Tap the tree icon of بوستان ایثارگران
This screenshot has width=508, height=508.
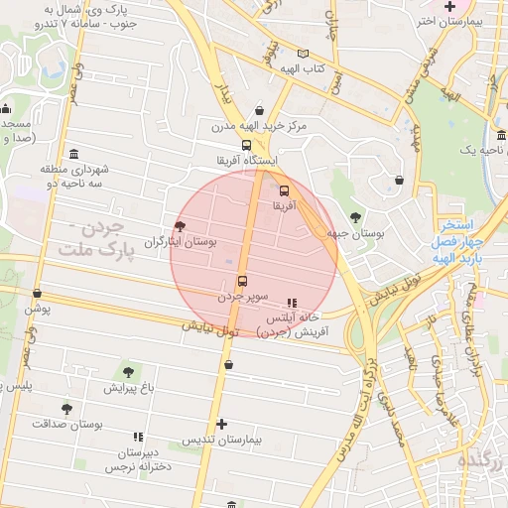(x=180, y=227)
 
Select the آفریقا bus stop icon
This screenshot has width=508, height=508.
(x=285, y=190)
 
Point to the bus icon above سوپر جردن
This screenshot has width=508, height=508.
(x=242, y=280)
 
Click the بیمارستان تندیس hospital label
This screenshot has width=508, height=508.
(x=220, y=440)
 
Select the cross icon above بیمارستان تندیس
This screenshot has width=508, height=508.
(x=221, y=424)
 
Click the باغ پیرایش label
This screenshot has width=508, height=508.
(x=127, y=387)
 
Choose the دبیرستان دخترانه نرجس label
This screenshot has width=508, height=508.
(x=138, y=457)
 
